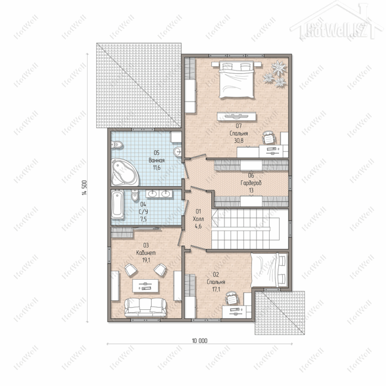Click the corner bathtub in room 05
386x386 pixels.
[124, 172]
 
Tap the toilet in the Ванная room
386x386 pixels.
[117, 144]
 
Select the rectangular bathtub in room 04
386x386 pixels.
[117, 204]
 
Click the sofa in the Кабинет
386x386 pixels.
[145, 307]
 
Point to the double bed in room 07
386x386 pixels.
[237, 79]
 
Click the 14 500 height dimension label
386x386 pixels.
[84, 187]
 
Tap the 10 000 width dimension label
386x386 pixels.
[200, 341]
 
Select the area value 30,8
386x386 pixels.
[239, 141]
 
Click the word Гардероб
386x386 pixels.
[251, 183]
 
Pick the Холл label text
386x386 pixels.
[198, 219]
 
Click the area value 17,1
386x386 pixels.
[216, 289]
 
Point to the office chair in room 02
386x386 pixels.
[232, 298]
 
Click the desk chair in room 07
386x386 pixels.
[269, 137]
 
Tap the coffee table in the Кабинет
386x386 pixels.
[146, 286]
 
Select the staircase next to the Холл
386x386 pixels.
[250, 229]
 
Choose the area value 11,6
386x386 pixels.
[157, 168]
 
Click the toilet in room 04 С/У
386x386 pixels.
[135, 195]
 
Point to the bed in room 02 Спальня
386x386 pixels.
[269, 270]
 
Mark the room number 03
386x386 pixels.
[146, 245]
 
